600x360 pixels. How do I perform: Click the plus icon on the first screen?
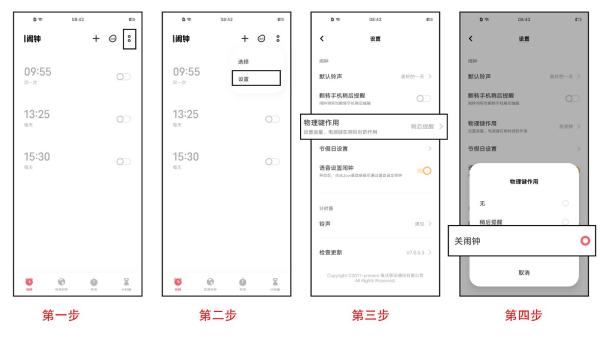[x=96, y=37]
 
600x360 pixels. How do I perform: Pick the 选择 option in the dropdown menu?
[x=243, y=62]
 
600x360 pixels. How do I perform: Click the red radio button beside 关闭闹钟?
[x=585, y=241]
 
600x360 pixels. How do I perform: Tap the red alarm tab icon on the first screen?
[x=23, y=283]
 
